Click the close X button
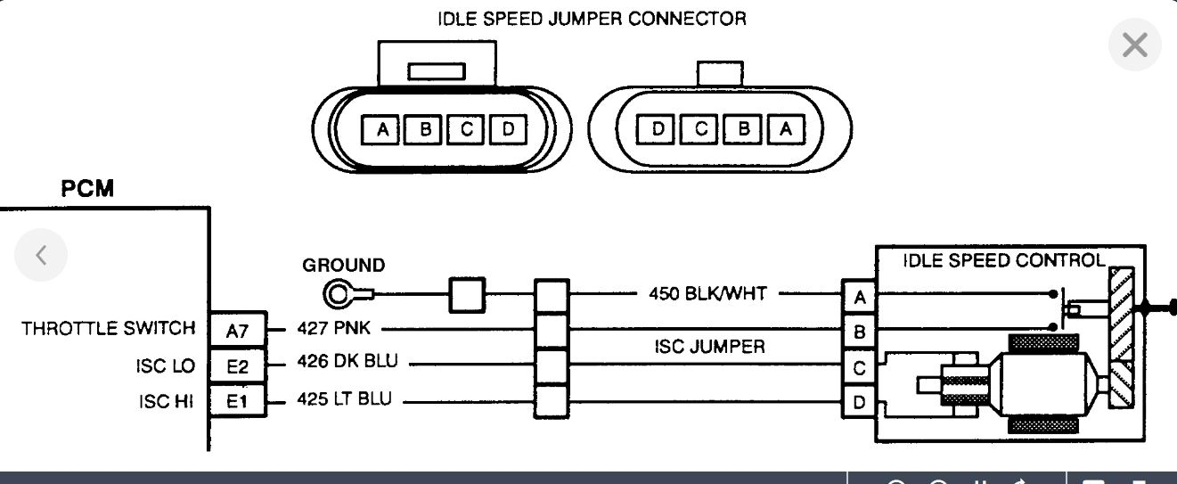coord(1134,45)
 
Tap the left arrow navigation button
coord(41,255)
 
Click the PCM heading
coord(87,190)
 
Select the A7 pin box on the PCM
coord(237,331)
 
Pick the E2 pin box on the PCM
coord(237,365)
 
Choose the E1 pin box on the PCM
coord(237,401)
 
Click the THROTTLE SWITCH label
coord(109,329)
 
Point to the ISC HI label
coord(166,401)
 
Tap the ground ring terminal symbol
coord(339,294)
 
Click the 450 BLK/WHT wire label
coord(707,293)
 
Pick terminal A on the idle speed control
coord(859,297)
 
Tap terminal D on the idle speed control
coord(859,402)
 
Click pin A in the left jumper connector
coord(381,130)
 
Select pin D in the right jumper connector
coord(658,130)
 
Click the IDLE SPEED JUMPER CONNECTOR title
coord(592,18)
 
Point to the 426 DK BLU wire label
coord(347,362)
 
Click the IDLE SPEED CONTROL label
coord(1003,261)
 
